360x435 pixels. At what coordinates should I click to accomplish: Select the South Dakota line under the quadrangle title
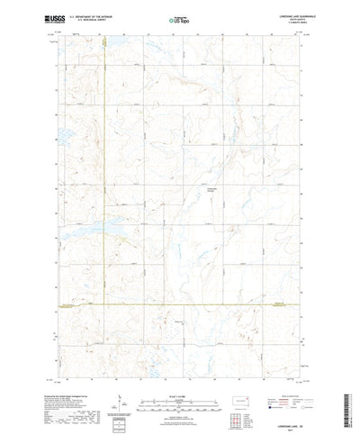pyautogui.click(x=286, y=18)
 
